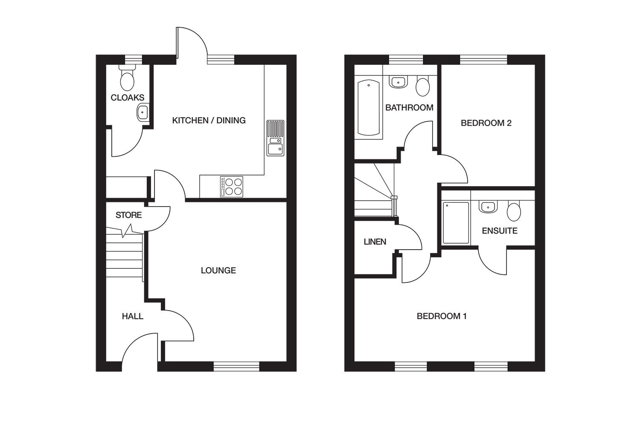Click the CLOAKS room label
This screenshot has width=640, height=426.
pyautogui.click(x=128, y=98)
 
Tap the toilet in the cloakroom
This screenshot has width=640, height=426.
pyautogui.click(x=127, y=78)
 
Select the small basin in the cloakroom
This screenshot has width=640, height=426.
pyautogui.click(x=143, y=112)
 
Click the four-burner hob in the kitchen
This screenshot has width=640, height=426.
pyautogui.click(x=231, y=187)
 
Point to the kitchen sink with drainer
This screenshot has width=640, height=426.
pyautogui.click(x=276, y=138)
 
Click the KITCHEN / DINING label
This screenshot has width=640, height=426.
pyautogui.click(x=209, y=121)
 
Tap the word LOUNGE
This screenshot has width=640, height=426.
pyautogui.click(x=218, y=270)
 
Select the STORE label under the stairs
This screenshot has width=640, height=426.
pyautogui.click(x=128, y=215)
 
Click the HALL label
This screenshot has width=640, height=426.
pyautogui.click(x=133, y=316)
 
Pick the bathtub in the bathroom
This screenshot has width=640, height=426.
pyautogui.click(x=369, y=108)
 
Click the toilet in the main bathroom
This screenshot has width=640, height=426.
pyautogui.click(x=423, y=86)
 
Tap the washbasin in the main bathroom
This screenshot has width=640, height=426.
pyautogui.click(x=398, y=82)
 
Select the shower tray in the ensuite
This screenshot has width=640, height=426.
pyautogui.click(x=456, y=223)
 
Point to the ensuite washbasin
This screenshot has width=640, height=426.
pyautogui.click(x=488, y=207)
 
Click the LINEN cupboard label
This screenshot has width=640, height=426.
pyautogui.click(x=375, y=242)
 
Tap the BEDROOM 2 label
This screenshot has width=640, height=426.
pyautogui.click(x=486, y=123)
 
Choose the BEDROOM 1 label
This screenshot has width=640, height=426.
pyautogui.click(x=442, y=316)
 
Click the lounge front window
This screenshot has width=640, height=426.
pyautogui.click(x=236, y=366)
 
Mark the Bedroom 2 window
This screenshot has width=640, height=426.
pyautogui.click(x=484, y=60)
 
